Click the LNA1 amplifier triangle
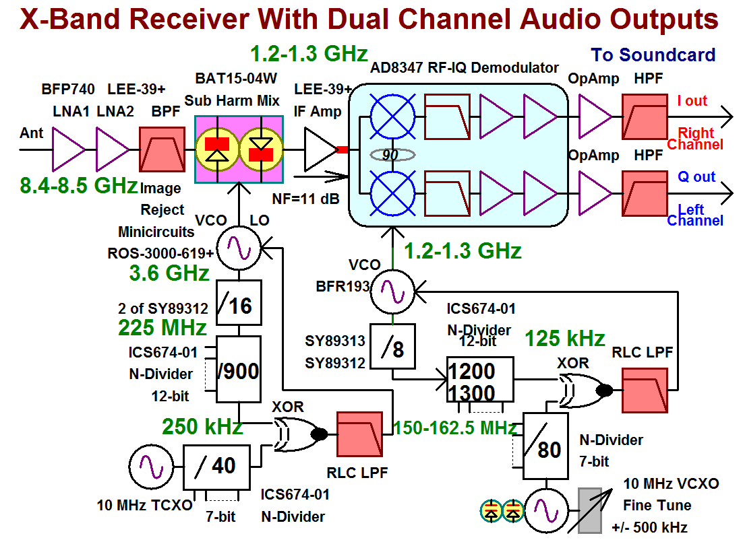point(69,149)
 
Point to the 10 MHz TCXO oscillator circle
point(147,467)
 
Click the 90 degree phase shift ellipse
point(391,155)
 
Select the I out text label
point(692,101)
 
